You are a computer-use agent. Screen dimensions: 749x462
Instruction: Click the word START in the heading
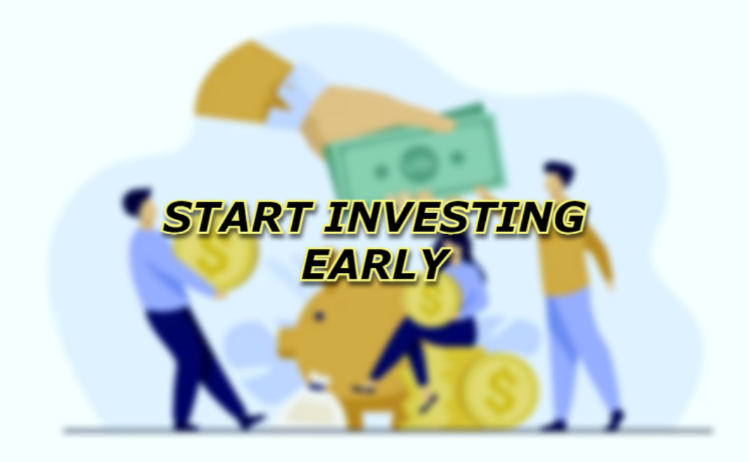coord(238,217)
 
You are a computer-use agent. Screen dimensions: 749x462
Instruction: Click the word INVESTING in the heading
coord(455,217)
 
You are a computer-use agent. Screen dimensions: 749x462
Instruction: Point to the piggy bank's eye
coord(319,316)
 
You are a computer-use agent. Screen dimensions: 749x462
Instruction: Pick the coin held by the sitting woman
coord(432,301)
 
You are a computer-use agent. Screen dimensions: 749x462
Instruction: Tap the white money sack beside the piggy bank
coord(310,406)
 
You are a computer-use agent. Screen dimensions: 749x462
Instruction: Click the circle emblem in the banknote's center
coord(418,162)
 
